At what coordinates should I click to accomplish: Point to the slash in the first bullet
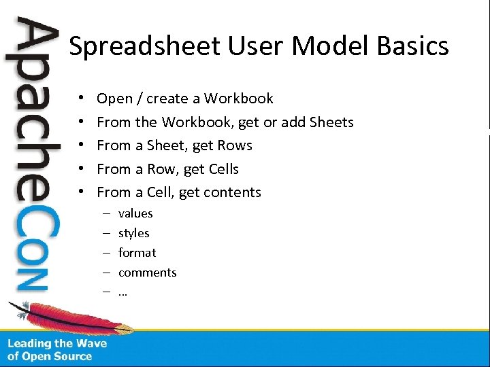[x=140, y=99]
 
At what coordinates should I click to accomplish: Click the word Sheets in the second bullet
[x=331, y=122]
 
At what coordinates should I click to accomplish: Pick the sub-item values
[x=135, y=213]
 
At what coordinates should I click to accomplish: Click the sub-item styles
[x=133, y=233]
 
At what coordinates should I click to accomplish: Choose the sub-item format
[x=137, y=253]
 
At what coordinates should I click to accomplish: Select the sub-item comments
[x=147, y=273]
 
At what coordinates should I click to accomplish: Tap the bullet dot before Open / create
[x=80, y=99]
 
